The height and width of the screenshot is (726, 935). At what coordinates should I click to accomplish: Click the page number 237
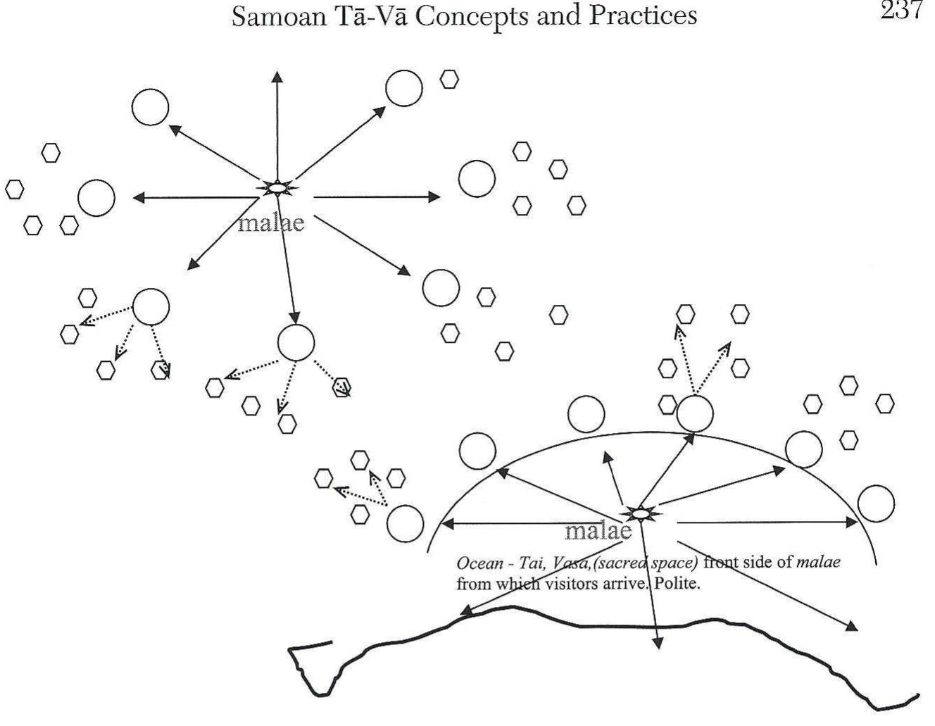click(x=901, y=11)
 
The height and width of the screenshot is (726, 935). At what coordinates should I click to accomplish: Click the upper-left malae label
click(x=271, y=223)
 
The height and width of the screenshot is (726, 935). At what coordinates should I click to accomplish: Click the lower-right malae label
click(x=598, y=530)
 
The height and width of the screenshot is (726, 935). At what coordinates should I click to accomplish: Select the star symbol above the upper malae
click(x=277, y=188)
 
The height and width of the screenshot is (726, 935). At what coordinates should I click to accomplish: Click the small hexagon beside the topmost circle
click(x=449, y=79)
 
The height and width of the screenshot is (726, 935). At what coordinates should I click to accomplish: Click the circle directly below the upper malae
click(x=296, y=342)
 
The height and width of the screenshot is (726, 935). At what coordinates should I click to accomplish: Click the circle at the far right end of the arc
click(x=876, y=503)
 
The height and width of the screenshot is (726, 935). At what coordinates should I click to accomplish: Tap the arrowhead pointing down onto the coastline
click(x=657, y=642)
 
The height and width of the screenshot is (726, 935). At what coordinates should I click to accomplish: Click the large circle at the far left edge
click(x=96, y=198)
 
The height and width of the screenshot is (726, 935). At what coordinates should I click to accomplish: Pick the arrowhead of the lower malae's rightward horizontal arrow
click(x=853, y=522)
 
